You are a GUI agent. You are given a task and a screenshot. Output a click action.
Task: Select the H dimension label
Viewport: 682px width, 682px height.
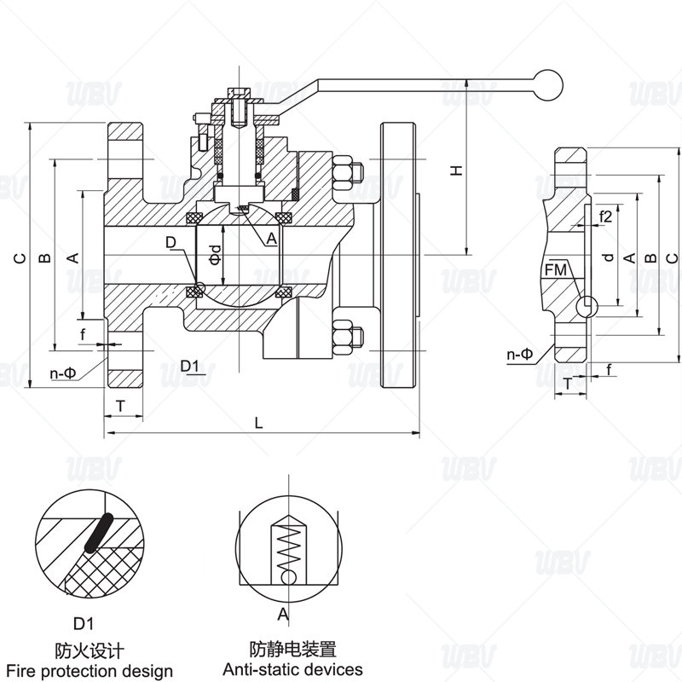[x=457, y=170]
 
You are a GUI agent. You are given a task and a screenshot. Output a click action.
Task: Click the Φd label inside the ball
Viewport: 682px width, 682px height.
[x=216, y=255]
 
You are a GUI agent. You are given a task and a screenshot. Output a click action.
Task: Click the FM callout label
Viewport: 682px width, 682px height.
[x=555, y=270]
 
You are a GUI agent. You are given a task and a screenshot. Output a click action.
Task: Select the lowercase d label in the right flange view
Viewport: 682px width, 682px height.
[x=607, y=257]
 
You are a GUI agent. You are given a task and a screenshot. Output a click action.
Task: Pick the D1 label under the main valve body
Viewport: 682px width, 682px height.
[x=191, y=367]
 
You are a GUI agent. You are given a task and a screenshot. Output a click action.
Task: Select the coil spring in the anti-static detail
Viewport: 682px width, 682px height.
[x=290, y=546]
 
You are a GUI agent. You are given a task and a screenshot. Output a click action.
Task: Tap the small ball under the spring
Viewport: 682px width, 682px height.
[x=290, y=577]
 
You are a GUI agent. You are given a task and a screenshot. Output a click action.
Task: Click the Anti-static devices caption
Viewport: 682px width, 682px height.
[x=292, y=669]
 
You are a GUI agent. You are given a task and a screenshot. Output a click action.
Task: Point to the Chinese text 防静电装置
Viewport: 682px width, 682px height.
[x=292, y=649]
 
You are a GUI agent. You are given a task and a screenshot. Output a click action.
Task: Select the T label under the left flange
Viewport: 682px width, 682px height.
[x=121, y=407]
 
